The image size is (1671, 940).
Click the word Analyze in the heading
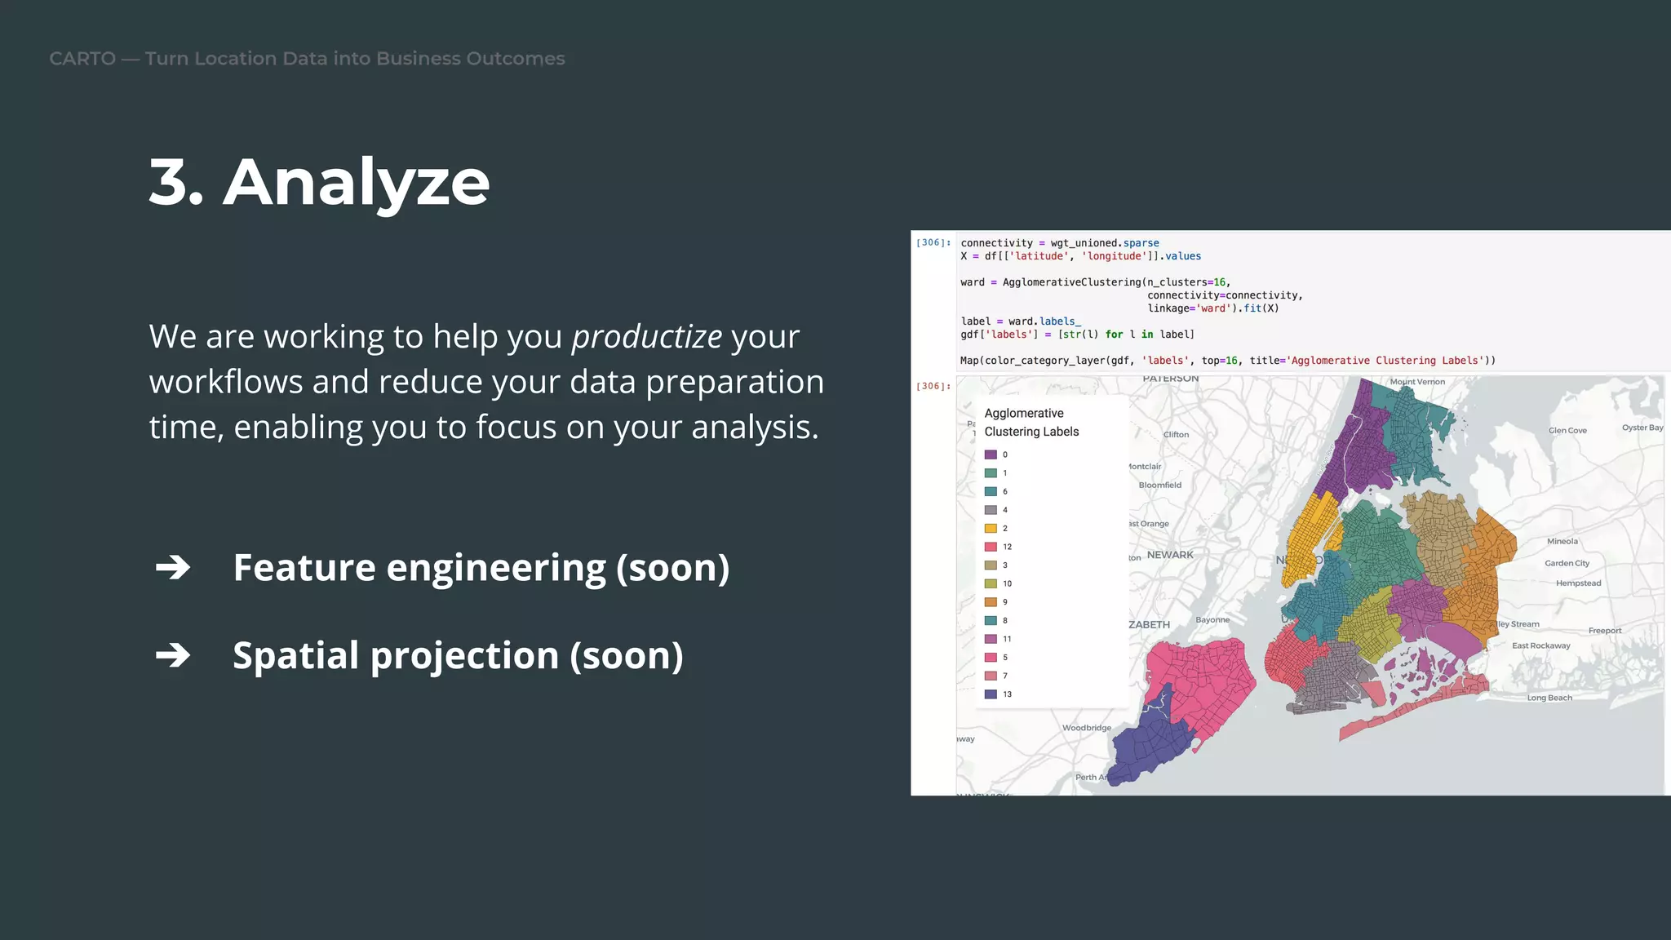357,183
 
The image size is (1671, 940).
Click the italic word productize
646,337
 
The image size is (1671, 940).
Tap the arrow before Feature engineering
173,567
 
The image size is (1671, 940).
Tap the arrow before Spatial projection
173,655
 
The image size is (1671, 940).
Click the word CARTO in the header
82,59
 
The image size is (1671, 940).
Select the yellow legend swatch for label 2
991,529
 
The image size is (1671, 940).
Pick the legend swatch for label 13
991,694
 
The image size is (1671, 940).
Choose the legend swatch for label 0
991,454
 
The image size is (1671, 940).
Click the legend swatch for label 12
991,547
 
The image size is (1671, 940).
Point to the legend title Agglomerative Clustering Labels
1031,423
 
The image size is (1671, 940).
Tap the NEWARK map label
1170,555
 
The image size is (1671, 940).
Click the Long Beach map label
1549,698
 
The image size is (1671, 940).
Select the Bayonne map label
1212,620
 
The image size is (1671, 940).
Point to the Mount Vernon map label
1417,382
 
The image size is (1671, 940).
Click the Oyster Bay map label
1642,428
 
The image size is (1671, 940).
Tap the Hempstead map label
1578,583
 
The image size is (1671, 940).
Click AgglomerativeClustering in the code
1071,282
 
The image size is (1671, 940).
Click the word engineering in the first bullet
495,568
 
